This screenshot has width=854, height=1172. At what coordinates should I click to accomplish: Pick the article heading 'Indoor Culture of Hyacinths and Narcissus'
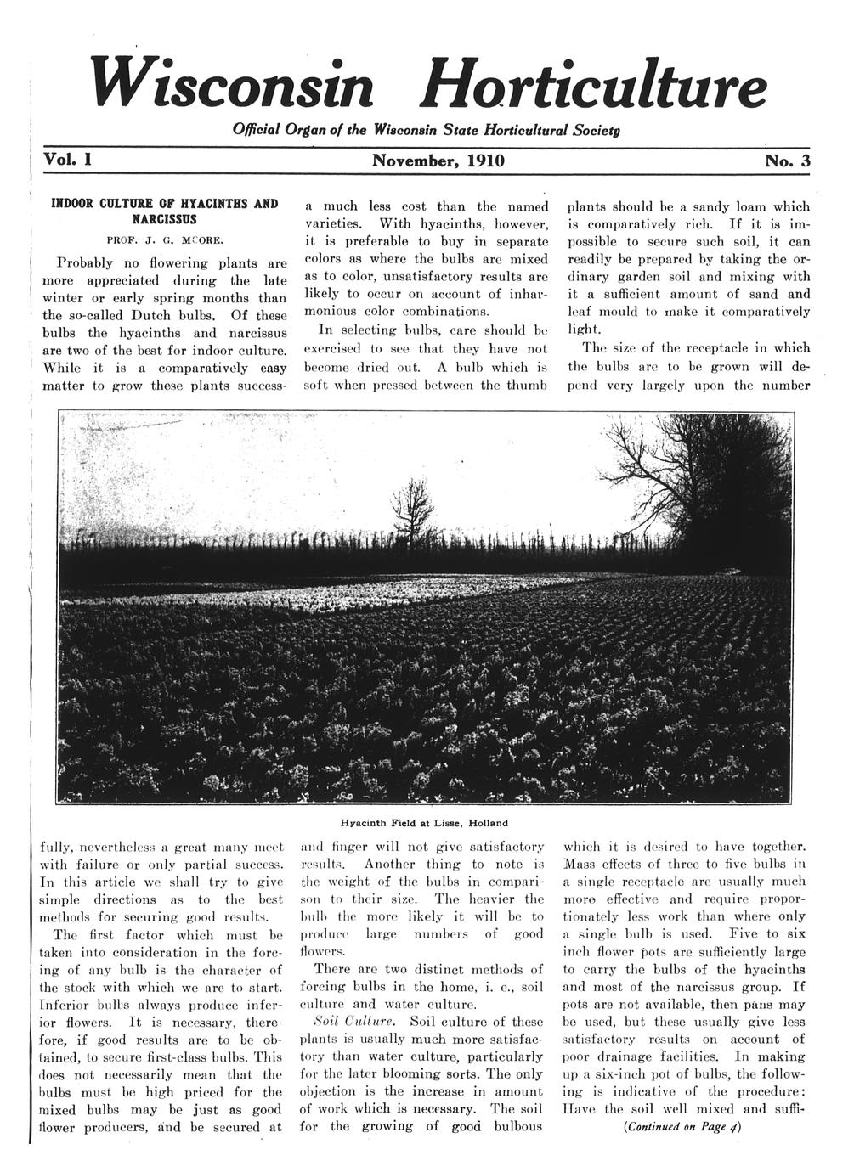tap(165, 211)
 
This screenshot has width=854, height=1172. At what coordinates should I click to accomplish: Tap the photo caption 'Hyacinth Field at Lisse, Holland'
tap(424, 822)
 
